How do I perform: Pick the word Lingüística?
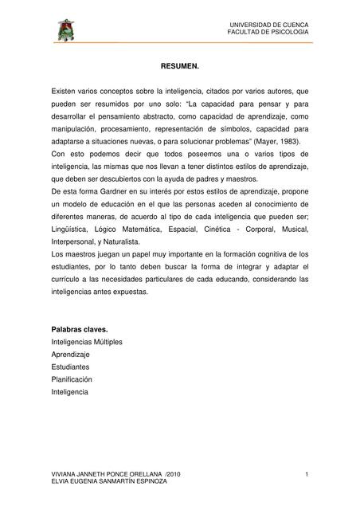click(x=71, y=228)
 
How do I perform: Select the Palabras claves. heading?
click(x=79, y=329)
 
